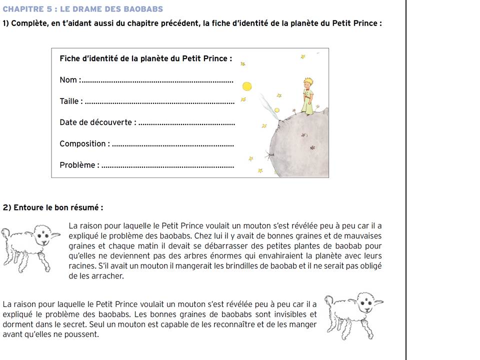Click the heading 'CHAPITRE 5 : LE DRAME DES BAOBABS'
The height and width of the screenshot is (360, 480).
(x=83, y=9)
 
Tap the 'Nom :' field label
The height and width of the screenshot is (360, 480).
(x=68, y=80)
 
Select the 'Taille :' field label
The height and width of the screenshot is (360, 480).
(x=71, y=101)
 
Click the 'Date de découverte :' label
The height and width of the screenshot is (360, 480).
(x=97, y=122)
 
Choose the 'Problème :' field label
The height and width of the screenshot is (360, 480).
(x=79, y=165)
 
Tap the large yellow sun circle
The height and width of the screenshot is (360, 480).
(x=247, y=86)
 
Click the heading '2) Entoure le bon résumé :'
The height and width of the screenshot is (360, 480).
(x=53, y=207)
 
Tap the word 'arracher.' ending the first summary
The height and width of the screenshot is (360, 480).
(x=107, y=275)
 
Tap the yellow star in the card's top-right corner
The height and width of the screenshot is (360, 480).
(x=302, y=57)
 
